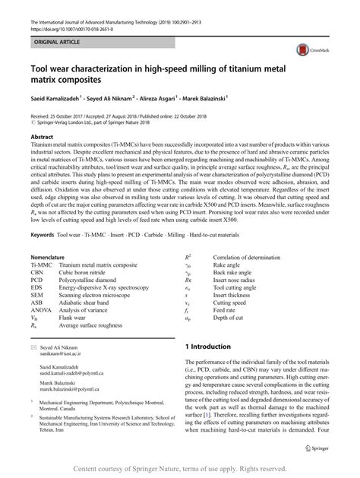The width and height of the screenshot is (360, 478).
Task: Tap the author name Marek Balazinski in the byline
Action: (279, 98)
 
